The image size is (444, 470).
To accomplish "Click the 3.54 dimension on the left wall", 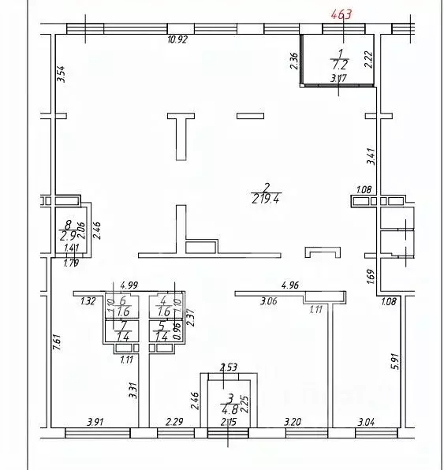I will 61,75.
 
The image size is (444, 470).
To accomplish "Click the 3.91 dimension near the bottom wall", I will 95,423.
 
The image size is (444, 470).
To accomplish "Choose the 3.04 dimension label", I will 368,423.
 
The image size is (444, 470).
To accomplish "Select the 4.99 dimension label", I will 129,285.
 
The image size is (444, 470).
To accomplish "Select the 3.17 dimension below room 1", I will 339,77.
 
